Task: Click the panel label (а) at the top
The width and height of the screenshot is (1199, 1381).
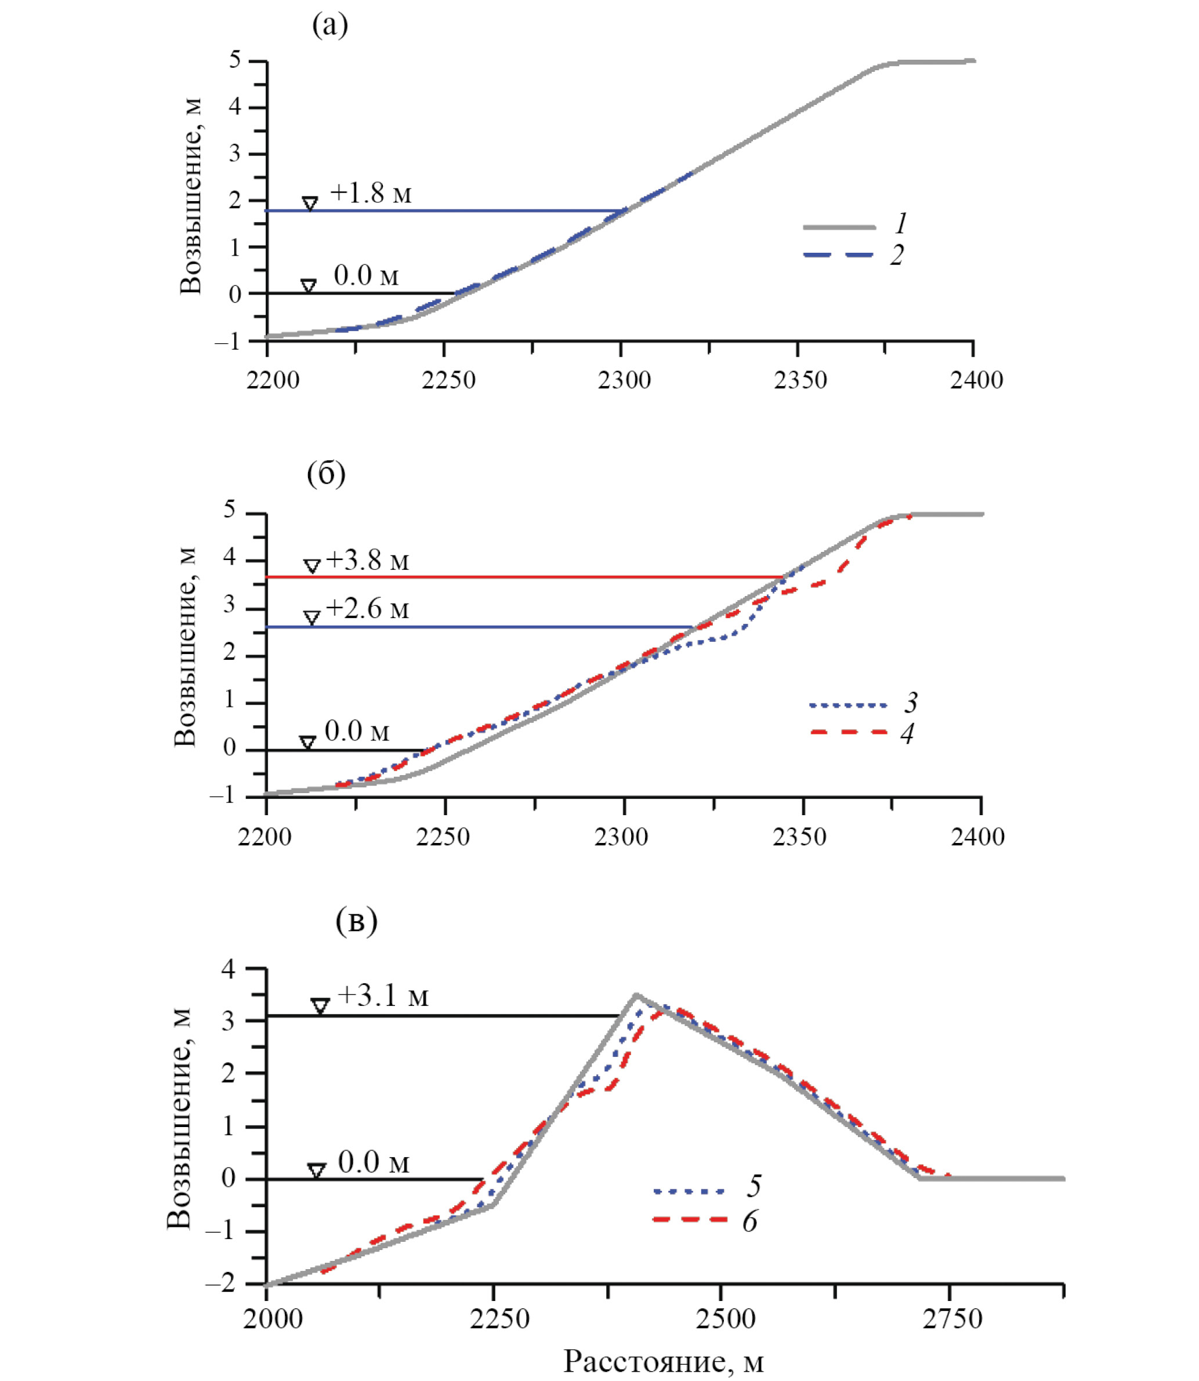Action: tap(330, 26)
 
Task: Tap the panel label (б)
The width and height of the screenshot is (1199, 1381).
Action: tap(326, 474)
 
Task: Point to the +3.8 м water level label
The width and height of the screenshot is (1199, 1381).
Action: tap(367, 561)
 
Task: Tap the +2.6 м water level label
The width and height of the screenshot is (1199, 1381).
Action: tap(367, 609)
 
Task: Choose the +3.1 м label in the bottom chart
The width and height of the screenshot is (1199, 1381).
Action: tap(383, 996)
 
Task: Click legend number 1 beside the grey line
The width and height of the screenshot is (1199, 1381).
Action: tap(901, 223)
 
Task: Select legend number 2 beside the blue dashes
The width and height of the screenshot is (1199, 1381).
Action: tap(897, 255)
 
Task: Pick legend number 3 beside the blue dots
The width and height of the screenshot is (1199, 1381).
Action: tap(911, 703)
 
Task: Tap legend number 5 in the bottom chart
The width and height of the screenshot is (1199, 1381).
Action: tap(754, 1186)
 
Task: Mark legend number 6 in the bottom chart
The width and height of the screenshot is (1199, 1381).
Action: tap(750, 1221)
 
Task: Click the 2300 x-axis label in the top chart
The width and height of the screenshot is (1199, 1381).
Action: tap(624, 380)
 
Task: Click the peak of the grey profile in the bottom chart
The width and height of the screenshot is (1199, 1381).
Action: tap(636, 994)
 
